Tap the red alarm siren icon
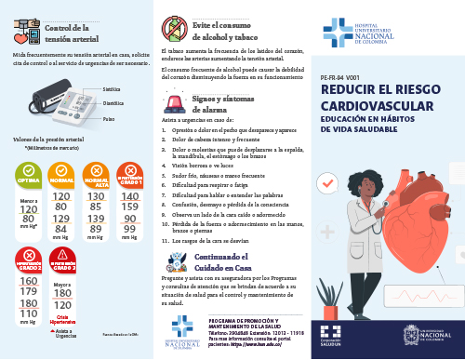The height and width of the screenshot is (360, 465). (x=174, y=100)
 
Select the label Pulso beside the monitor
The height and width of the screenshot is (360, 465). (x=109, y=119)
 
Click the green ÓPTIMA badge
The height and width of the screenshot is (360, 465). (x=28, y=173)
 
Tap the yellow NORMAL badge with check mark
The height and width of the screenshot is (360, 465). (x=61, y=173)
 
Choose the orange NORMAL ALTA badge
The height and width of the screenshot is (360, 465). (x=96, y=173)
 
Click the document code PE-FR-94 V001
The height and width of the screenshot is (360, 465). (x=339, y=79)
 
